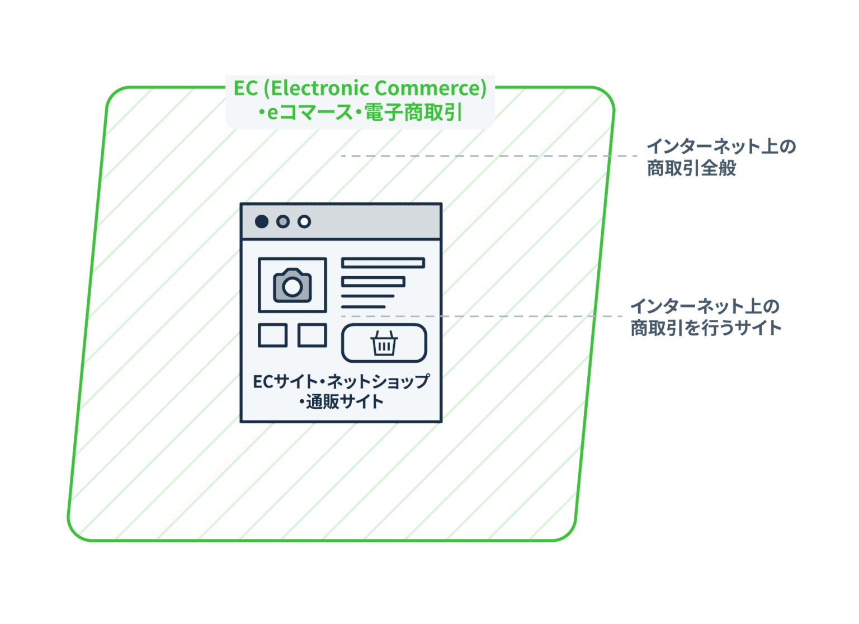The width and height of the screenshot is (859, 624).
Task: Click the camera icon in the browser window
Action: tap(292, 286)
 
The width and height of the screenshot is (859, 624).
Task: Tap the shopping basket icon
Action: tap(384, 343)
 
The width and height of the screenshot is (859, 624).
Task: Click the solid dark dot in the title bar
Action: tap(261, 221)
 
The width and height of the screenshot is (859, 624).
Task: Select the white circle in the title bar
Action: tap(304, 221)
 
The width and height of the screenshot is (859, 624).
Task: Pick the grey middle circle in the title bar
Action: tap(283, 221)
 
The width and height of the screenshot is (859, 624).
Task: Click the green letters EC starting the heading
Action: tap(246, 88)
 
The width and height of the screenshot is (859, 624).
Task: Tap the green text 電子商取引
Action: tap(413, 112)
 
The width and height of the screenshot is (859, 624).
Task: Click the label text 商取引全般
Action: tap(691, 168)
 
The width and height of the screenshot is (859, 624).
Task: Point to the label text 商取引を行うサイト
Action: tap(706, 328)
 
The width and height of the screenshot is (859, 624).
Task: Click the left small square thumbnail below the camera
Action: tap(272, 335)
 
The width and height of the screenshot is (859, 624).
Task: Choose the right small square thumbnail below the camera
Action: tap(312, 335)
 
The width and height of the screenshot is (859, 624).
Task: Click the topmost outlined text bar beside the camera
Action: tap(383, 263)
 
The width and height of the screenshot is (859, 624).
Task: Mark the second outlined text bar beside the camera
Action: tap(373, 281)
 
